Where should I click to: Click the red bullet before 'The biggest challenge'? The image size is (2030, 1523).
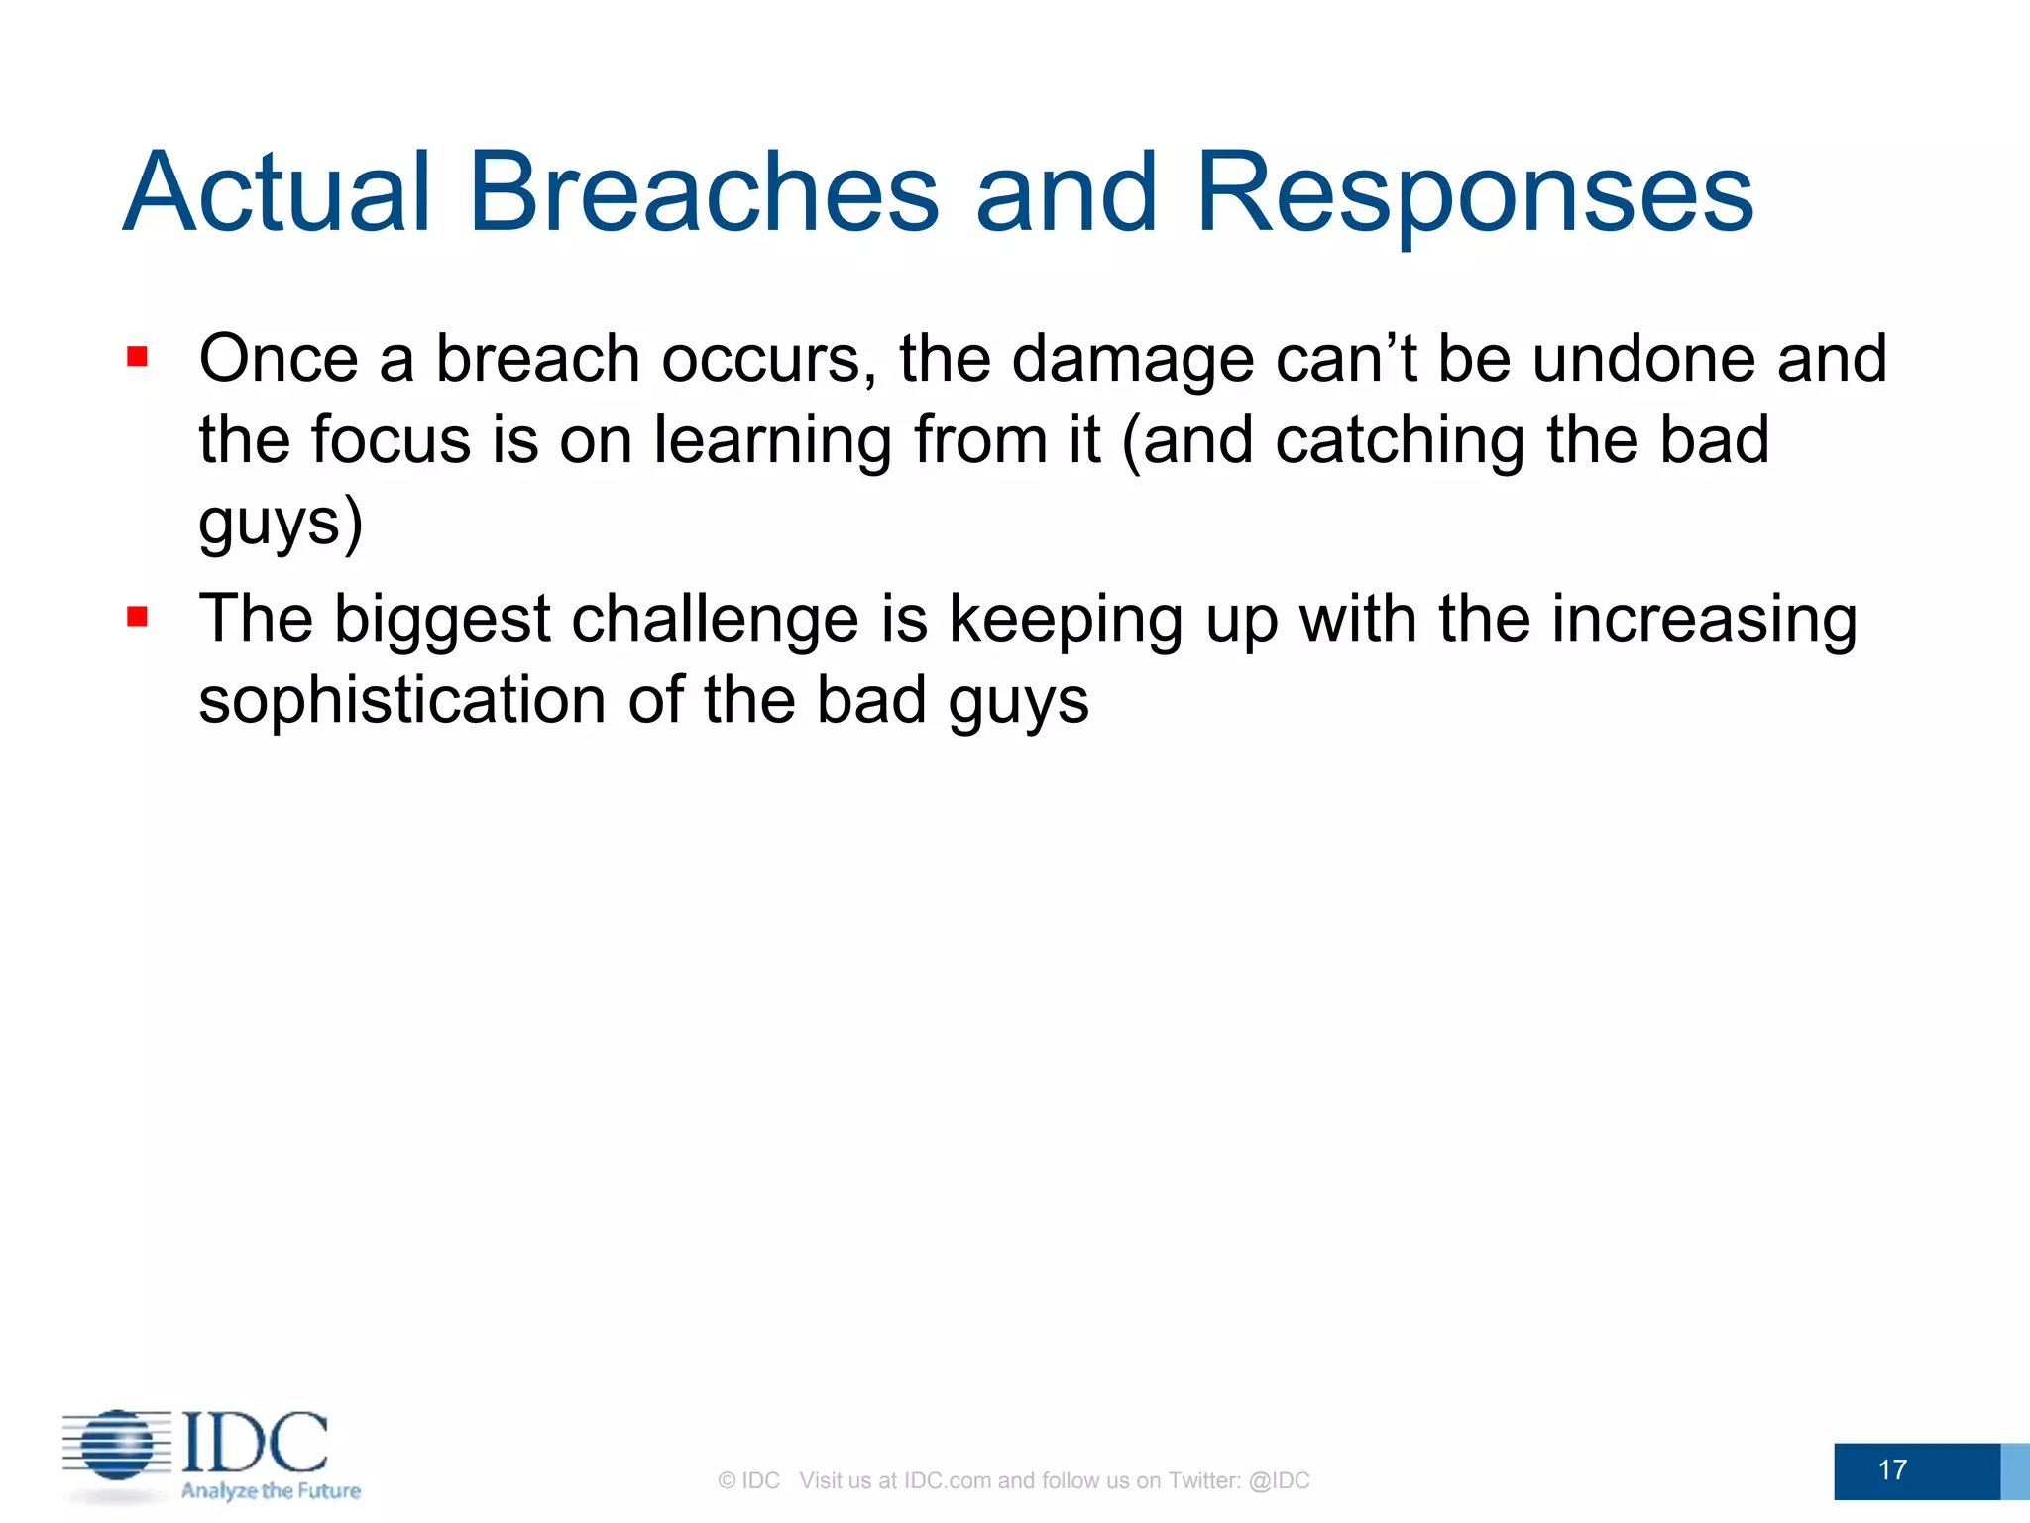(x=137, y=618)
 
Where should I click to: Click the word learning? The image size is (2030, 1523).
(x=772, y=440)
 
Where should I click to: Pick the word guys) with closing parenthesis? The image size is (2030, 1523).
(x=281, y=524)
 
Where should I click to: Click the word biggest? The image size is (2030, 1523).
(x=441, y=620)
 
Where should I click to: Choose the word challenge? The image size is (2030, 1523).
(x=715, y=620)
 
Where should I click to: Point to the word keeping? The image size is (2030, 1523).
(x=1066, y=620)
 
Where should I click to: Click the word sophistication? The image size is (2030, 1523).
(x=402, y=701)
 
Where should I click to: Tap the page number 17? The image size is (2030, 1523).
(x=1892, y=1469)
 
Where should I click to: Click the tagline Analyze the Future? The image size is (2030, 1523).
(x=271, y=1490)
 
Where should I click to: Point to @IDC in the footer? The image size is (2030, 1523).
(x=1279, y=1480)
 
